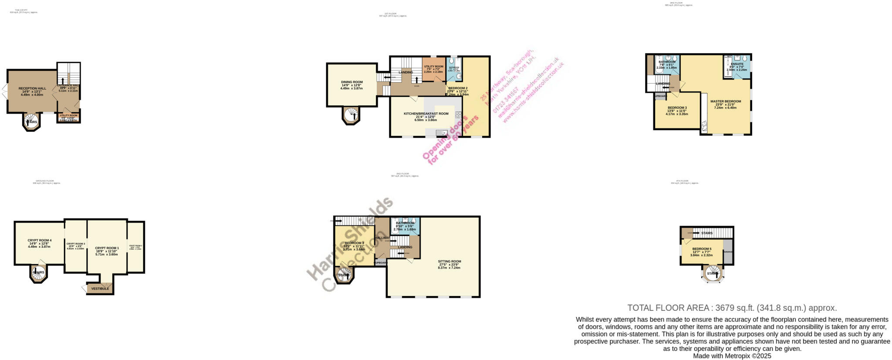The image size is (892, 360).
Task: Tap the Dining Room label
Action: [x=351, y=82]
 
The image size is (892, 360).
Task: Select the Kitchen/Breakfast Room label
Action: [x=426, y=114]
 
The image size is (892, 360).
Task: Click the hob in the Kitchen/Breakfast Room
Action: [x=458, y=115]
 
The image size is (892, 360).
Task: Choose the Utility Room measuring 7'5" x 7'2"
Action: [x=433, y=67]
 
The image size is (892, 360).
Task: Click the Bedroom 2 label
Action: [x=458, y=88]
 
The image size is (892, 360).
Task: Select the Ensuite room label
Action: [x=737, y=64]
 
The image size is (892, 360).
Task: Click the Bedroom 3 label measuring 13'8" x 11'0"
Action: [x=677, y=108]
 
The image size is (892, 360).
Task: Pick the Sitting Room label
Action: [x=449, y=262]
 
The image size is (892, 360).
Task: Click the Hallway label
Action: [x=382, y=238]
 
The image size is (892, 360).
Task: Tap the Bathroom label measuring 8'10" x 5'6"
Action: [x=405, y=223]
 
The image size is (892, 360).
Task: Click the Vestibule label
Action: [x=100, y=289]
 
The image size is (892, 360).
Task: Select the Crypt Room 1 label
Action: [x=107, y=248]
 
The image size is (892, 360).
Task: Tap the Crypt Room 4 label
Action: [x=39, y=240]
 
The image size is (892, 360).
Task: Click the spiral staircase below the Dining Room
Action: [x=351, y=115]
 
